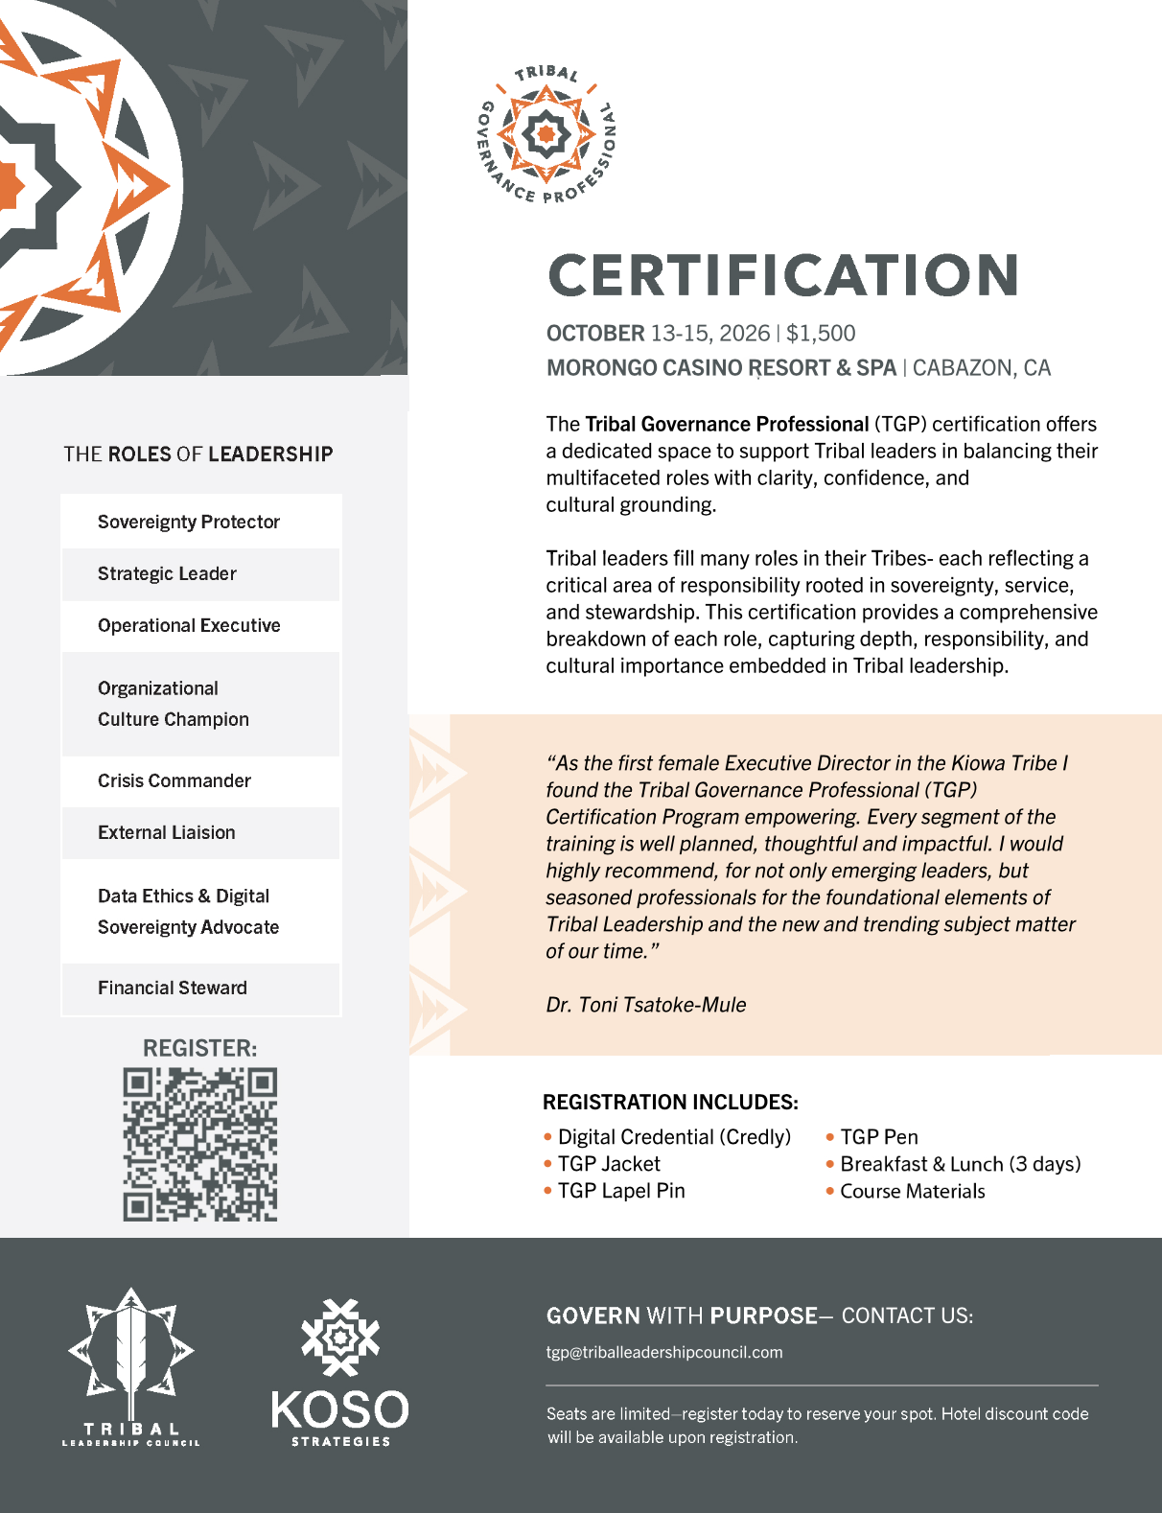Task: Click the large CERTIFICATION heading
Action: coord(782,275)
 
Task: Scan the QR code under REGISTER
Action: coord(200,1144)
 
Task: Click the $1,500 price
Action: coord(821,334)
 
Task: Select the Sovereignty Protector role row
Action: coord(189,523)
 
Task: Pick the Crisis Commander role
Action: coord(174,781)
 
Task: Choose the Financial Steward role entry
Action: coord(173,989)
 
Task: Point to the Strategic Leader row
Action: coord(167,574)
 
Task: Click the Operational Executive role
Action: coord(189,626)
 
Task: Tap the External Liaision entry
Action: coord(167,833)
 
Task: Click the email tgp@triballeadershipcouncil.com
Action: coord(664,1353)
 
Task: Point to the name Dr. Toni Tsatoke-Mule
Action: coord(645,1005)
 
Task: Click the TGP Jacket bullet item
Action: coord(609,1164)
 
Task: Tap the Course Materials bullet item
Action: coord(912,1192)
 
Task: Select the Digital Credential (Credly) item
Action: coord(674,1137)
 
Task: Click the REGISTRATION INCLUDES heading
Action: coord(670,1102)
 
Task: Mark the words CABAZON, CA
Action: coord(981,368)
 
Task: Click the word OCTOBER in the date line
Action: coord(595,334)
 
